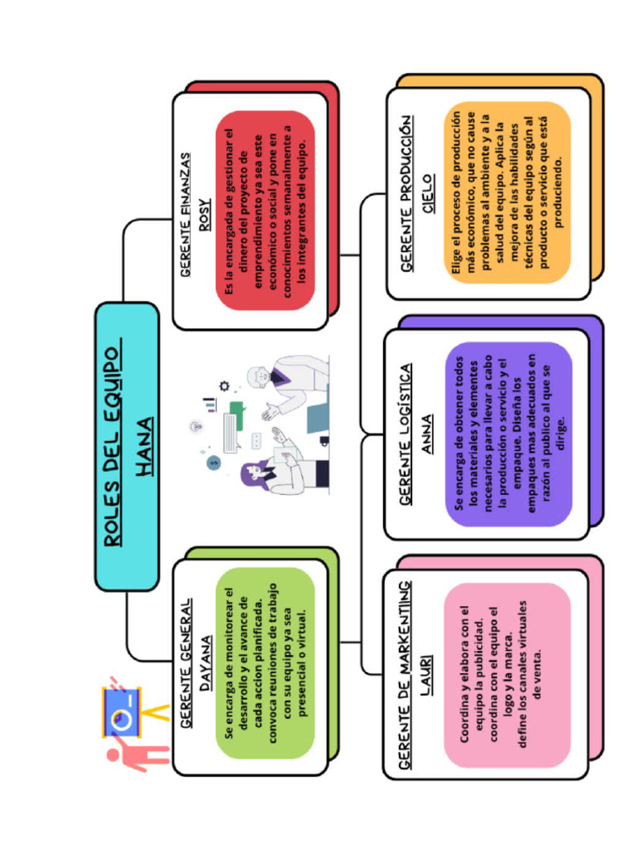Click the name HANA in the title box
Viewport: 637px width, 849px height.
pos(143,447)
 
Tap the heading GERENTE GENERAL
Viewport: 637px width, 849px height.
pos(186,662)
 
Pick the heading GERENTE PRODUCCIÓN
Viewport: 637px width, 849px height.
pos(406,194)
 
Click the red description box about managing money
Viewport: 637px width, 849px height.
pos(265,211)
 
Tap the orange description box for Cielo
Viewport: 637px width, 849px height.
pos(508,192)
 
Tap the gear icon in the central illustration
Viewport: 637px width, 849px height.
pos(224,386)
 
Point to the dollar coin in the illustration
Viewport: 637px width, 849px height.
pos(213,463)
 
